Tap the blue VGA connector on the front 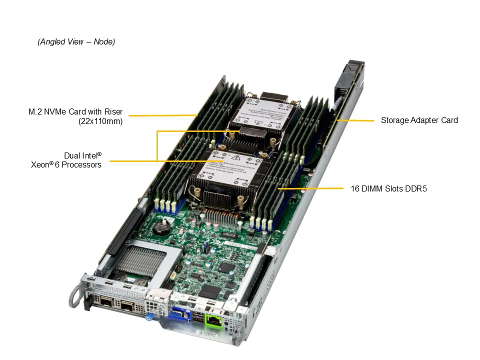click(x=179, y=315)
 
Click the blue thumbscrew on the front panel click(x=148, y=316)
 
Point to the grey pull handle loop click(x=76, y=295)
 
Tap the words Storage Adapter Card click(x=419, y=120)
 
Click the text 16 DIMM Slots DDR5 click(x=388, y=189)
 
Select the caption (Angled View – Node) click(x=76, y=42)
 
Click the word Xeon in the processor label click(x=41, y=164)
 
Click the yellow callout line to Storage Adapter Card click(x=355, y=120)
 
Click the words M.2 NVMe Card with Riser click(x=75, y=111)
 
